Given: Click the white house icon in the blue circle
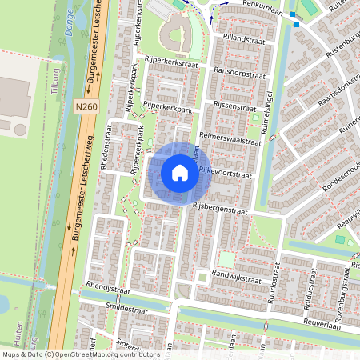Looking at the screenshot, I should coord(180,172).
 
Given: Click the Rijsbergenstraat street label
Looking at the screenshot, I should coord(220,209).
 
